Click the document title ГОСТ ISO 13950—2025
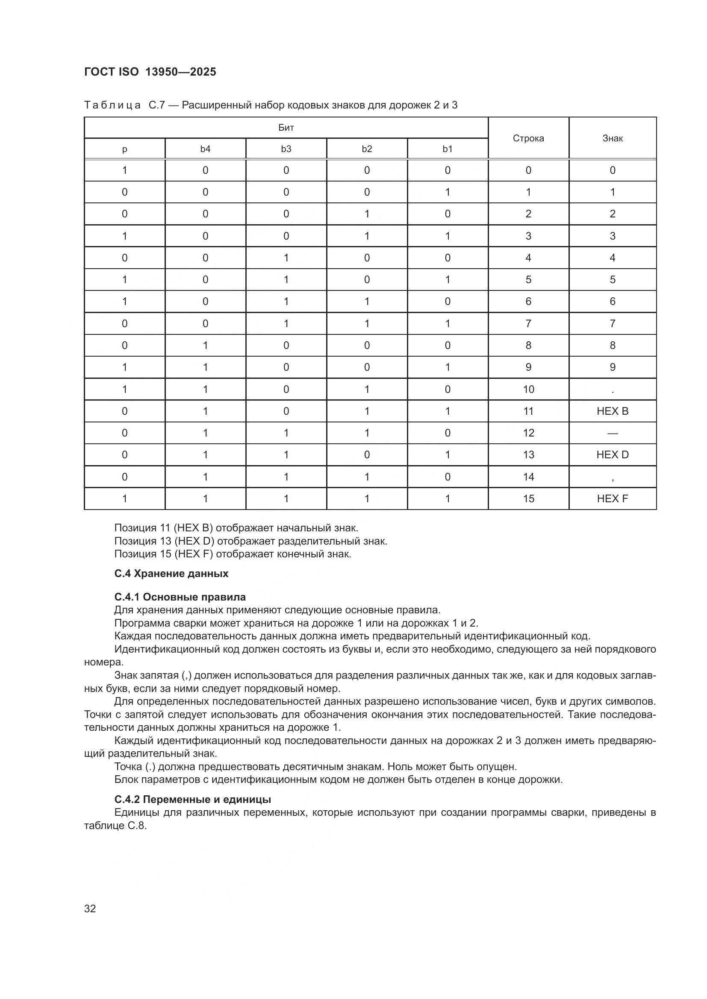tap(150, 72)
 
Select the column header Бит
tap(286, 127)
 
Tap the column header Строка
tap(528, 138)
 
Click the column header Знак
tap(612, 138)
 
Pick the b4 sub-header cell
tap(205, 149)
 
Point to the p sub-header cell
tap(124, 149)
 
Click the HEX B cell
tap(612, 411)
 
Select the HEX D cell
tap(612, 454)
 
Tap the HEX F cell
tap(612, 498)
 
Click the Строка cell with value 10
tap(528, 389)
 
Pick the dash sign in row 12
tap(612, 433)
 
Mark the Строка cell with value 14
tap(528, 477)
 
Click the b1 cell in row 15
tap(448, 498)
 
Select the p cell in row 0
tap(124, 170)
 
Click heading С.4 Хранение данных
tap(171, 574)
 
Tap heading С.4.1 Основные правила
tap(180, 597)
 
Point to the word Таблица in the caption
tap(112, 105)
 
